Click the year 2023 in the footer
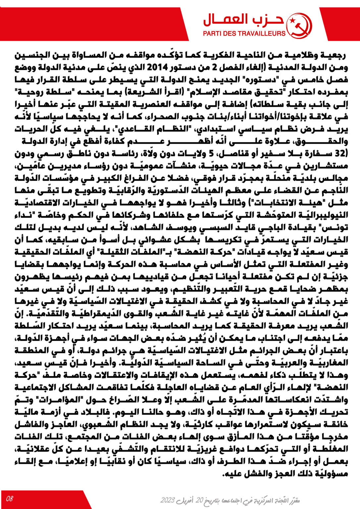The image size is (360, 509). pyautogui.click(x=168, y=500)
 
